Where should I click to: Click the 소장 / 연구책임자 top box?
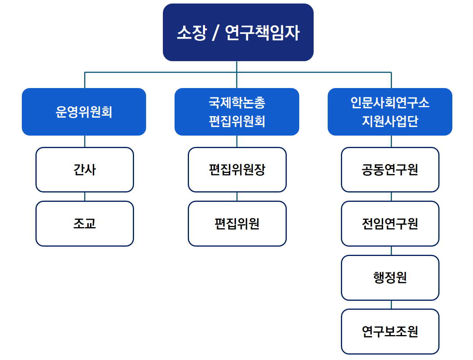pos(238,32)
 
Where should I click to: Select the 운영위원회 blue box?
pos(84,112)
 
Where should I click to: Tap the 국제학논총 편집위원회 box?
pos(237,112)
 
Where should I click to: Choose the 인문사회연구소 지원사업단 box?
pos(390,112)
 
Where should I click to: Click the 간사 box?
pos(85,169)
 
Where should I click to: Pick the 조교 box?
pos(85,224)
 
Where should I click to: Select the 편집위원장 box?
pos(237,169)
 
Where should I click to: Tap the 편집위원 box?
pos(237,224)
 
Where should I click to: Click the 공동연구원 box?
pos(390,169)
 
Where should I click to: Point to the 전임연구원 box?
pos(390,224)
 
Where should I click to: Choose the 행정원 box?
pos(390,278)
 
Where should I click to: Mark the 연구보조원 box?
pos(390,332)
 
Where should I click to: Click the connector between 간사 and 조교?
pos(85,197)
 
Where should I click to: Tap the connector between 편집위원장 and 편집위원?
pos(237,197)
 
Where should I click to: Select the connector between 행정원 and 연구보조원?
pos(391,305)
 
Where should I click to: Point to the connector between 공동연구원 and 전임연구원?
pos(391,197)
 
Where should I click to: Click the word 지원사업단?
pos(390,121)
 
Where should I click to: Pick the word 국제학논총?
pos(237,103)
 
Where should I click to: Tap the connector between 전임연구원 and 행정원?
pos(391,251)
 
